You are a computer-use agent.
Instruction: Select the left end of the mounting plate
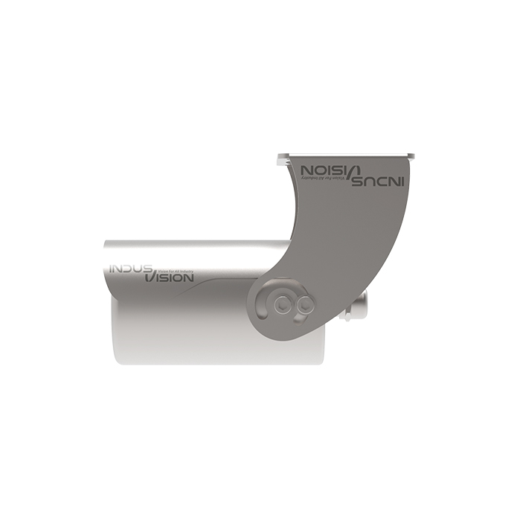point(280,157)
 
